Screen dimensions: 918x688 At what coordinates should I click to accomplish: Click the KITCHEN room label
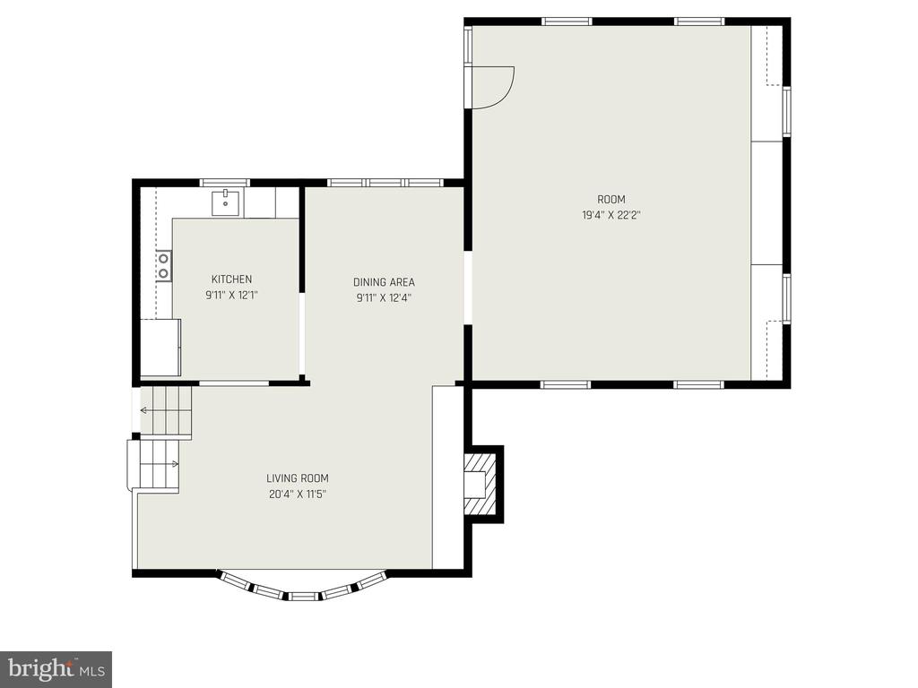pyautogui.click(x=232, y=279)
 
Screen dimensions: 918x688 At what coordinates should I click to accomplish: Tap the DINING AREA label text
pyautogui.click(x=384, y=282)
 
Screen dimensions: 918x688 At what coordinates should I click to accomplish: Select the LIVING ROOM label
pyautogui.click(x=298, y=478)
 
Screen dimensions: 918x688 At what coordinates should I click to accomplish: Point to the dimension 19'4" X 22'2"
pyautogui.click(x=611, y=215)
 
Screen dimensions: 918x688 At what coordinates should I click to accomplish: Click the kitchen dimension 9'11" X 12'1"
pyautogui.click(x=232, y=296)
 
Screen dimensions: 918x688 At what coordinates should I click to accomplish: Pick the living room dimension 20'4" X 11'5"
pyautogui.click(x=298, y=494)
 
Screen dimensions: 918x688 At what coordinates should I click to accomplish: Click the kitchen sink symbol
pyautogui.click(x=225, y=202)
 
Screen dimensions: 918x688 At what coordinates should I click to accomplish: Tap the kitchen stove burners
pyautogui.click(x=163, y=265)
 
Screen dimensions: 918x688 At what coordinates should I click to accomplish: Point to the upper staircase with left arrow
pyautogui.click(x=166, y=410)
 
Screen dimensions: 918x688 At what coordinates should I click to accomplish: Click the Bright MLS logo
pyautogui.click(x=56, y=667)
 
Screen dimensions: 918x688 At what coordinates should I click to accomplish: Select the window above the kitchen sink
pyautogui.click(x=225, y=183)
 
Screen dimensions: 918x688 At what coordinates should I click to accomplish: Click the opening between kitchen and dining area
pyautogui.click(x=302, y=333)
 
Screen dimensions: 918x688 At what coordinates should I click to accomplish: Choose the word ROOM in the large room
pyautogui.click(x=611, y=199)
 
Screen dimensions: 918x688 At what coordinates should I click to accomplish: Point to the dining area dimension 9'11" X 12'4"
pyautogui.click(x=384, y=297)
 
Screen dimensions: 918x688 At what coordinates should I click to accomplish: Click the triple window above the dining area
pyautogui.click(x=385, y=183)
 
